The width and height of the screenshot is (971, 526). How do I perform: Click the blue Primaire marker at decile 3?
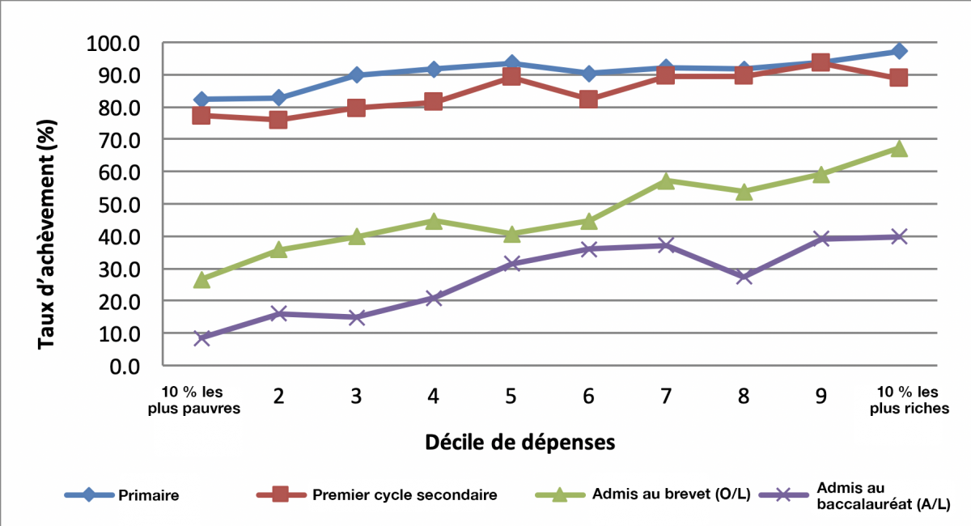pyautogui.click(x=356, y=75)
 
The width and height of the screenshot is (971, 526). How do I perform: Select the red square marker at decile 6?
pyautogui.click(x=588, y=100)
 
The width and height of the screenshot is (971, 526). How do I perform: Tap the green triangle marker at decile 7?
pyautogui.click(x=666, y=180)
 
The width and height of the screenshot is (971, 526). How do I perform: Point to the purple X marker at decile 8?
pyautogui.click(x=744, y=277)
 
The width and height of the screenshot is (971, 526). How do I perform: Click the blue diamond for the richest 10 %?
pyautogui.click(x=899, y=51)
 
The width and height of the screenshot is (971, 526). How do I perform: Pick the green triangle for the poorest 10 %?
pyautogui.click(x=201, y=280)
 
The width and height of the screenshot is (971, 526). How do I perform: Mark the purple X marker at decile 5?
pyautogui.click(x=511, y=264)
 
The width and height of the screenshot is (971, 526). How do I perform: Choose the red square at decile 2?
pyautogui.click(x=278, y=120)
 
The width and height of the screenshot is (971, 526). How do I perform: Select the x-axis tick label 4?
pyautogui.click(x=434, y=397)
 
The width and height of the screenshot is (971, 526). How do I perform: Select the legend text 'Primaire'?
pyautogui.click(x=149, y=495)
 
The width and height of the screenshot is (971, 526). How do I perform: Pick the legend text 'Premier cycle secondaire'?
pyautogui.click(x=404, y=495)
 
